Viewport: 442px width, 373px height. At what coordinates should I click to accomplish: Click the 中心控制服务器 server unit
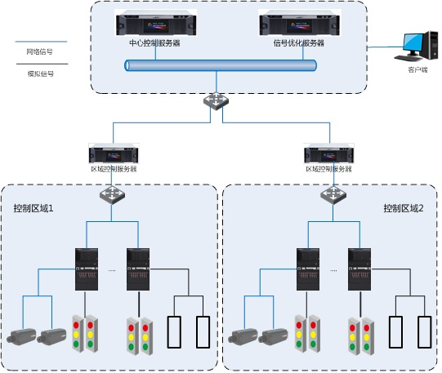coord(156,24)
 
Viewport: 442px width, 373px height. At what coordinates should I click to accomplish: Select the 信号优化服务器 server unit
coord(300,24)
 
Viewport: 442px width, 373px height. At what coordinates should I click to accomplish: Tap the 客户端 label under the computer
coord(417,69)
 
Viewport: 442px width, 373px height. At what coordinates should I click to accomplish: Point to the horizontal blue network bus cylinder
coord(221,65)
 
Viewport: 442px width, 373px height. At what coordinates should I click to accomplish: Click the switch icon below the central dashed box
coord(216,100)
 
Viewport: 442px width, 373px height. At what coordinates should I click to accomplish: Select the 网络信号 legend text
coord(40,51)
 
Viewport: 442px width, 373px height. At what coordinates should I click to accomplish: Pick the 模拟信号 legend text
coord(41,73)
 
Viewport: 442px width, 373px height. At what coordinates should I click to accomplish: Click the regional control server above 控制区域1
coord(114,153)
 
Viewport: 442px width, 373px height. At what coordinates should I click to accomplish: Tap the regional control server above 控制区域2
coord(329,153)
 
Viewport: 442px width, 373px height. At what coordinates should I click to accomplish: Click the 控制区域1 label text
coord(33,208)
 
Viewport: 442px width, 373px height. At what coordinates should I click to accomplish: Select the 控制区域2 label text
coord(404,208)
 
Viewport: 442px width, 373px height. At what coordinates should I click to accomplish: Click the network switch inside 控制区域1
coord(112,194)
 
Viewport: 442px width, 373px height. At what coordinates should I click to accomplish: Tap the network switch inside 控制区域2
coord(333,194)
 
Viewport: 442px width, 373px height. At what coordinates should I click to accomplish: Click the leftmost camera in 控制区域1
coord(21,335)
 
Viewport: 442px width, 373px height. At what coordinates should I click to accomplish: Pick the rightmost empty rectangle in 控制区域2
coord(425,332)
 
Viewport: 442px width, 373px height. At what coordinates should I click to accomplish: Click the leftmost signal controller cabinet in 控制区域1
coord(87,269)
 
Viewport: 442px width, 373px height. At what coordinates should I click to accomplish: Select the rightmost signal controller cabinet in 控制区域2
coord(359,269)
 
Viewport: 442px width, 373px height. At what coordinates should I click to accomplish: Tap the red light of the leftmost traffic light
coord(76,325)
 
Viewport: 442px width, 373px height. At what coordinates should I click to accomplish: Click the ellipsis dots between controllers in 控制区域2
coord(333,270)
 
